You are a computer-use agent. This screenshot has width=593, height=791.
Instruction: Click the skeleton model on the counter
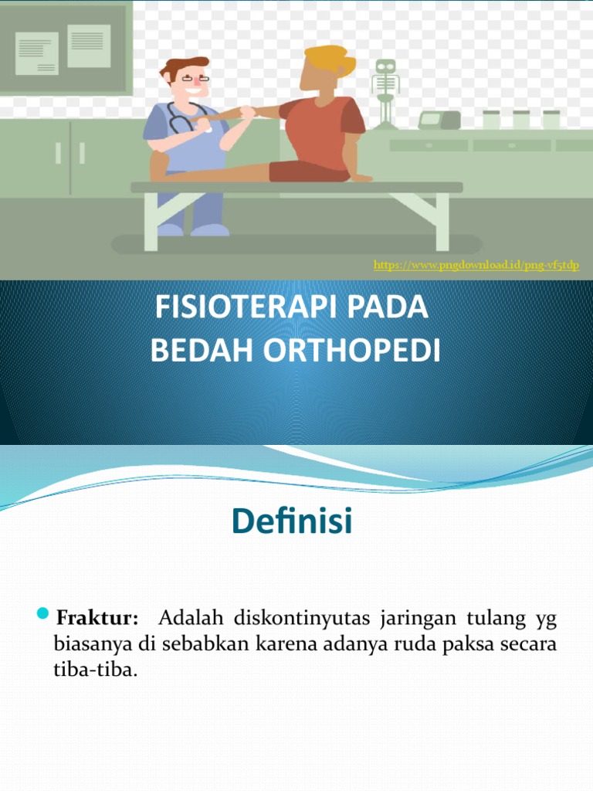(x=385, y=89)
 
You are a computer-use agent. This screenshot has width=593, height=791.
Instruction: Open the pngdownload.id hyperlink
(x=476, y=266)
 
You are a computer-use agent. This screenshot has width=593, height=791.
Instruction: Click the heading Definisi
(x=292, y=523)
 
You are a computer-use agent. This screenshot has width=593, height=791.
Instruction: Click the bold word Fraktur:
(x=97, y=618)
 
